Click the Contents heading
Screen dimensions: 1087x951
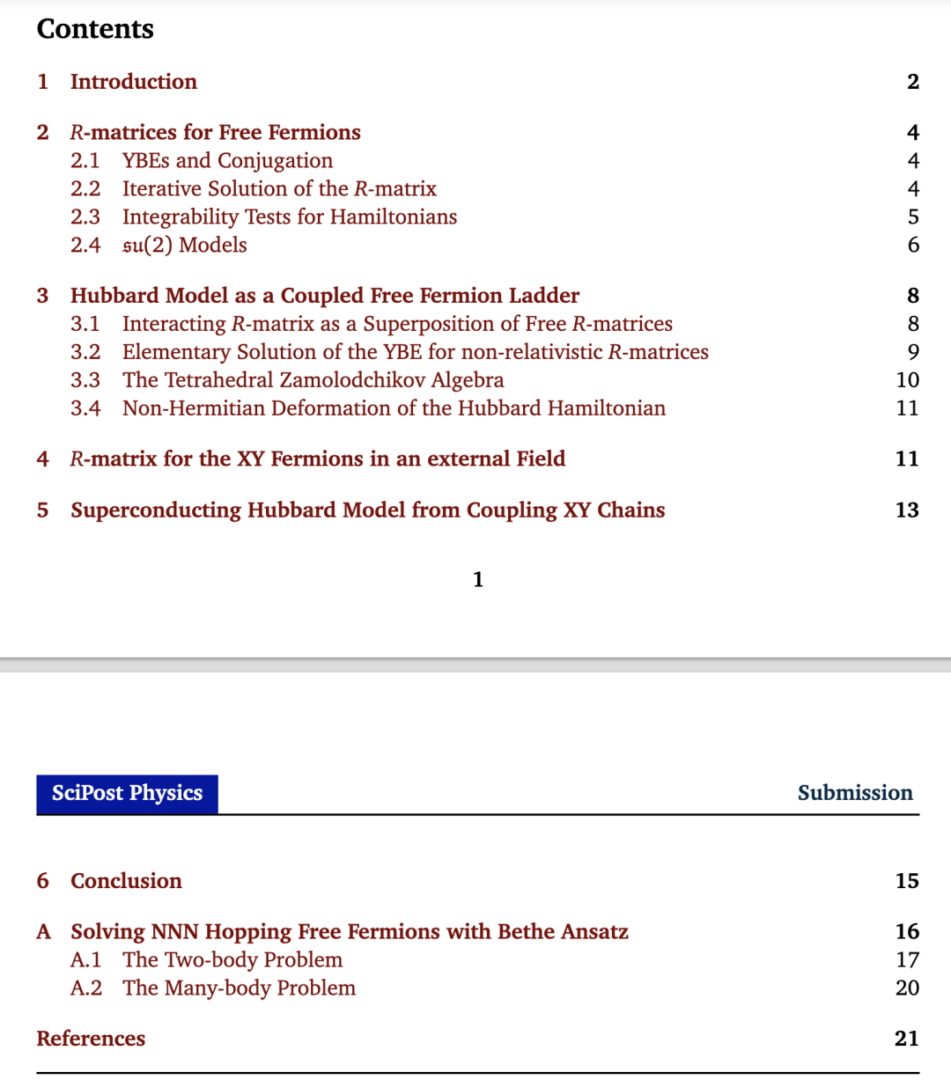(95, 29)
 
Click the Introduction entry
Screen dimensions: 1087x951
(133, 82)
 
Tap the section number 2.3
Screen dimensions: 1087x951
(85, 217)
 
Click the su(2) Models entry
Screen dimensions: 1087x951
(184, 246)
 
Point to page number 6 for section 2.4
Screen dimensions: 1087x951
(913, 246)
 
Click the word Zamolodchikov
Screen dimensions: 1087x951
(352, 380)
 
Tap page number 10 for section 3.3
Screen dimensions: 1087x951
(907, 380)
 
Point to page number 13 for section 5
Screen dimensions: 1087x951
(907, 510)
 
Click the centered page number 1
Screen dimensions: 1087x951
(478, 579)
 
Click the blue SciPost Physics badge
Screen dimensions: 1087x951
(127, 793)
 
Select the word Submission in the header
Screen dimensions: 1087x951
(854, 793)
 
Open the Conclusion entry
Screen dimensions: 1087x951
(126, 881)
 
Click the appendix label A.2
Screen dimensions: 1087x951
(85, 988)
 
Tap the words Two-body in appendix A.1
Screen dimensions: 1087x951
(210, 960)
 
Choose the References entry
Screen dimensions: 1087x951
(91, 1039)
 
